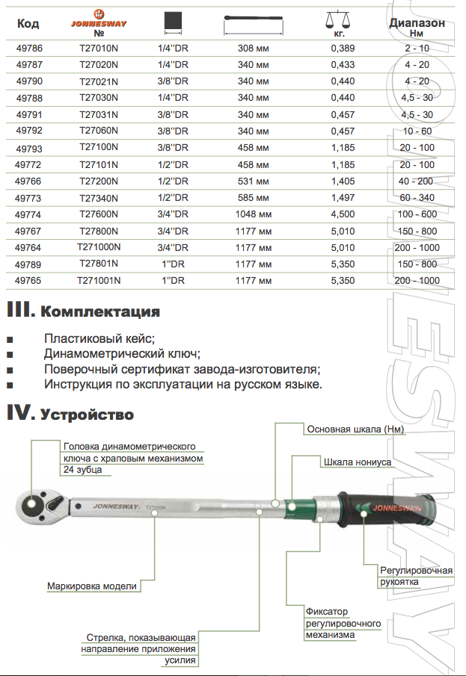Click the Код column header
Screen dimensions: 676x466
[x=28, y=24]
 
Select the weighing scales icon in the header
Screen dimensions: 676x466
[x=338, y=21]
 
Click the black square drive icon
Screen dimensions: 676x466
[x=173, y=22]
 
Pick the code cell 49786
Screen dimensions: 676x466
[x=29, y=49]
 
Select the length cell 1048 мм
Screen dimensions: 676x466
[x=253, y=214]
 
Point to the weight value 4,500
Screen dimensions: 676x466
[x=343, y=214]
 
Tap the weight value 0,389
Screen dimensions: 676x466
[x=343, y=49]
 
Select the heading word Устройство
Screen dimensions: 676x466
[x=87, y=414]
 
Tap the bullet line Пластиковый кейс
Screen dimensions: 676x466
[x=99, y=338]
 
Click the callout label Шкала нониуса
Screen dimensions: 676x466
[x=357, y=462]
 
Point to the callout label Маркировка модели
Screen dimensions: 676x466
[x=92, y=586]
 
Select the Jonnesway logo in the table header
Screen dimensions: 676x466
[x=99, y=20]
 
